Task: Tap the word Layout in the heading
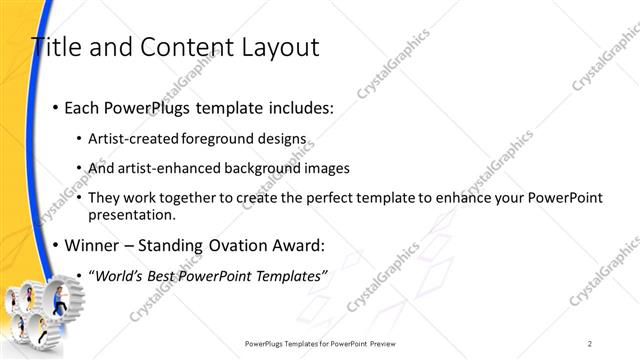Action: point(275,47)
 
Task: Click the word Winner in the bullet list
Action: point(91,245)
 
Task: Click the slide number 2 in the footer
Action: point(591,343)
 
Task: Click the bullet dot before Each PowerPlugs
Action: point(54,108)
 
